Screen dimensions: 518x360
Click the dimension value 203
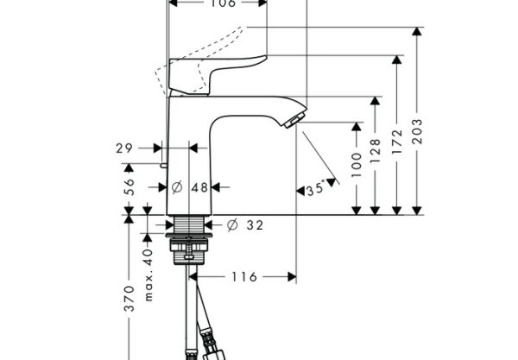click(418, 131)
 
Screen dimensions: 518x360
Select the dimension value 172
click(397, 142)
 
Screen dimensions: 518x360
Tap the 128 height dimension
click(376, 151)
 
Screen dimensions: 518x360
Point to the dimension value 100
click(357, 165)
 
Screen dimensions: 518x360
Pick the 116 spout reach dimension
click(244, 277)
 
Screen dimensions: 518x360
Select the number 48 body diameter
click(200, 187)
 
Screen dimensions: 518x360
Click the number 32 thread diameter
click(256, 225)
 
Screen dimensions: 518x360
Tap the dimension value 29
click(124, 148)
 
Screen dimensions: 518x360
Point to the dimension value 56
click(129, 187)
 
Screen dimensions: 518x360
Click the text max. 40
click(148, 275)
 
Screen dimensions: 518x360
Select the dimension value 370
click(129, 299)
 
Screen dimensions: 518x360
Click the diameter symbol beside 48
click(177, 187)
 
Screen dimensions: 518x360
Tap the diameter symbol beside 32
click(232, 225)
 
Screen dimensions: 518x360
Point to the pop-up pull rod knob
click(163, 165)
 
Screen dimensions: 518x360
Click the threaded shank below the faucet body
click(189, 224)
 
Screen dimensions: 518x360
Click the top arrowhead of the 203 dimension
click(417, 31)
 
